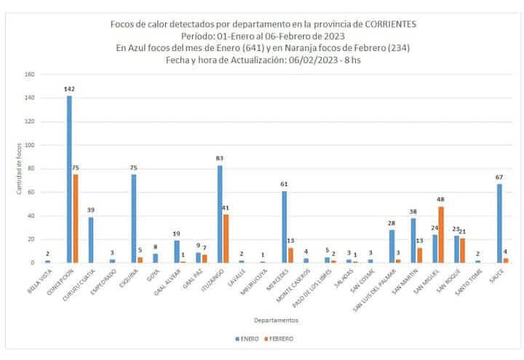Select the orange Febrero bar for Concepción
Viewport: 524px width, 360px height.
tap(75, 218)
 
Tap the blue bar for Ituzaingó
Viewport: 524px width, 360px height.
tap(220, 214)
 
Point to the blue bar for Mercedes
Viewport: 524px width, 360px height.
tap(285, 226)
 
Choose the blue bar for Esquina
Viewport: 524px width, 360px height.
tap(134, 218)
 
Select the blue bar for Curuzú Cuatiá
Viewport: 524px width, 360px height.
tap(91, 239)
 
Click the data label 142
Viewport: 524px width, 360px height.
tap(69, 89)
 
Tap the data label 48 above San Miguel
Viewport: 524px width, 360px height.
tap(441, 199)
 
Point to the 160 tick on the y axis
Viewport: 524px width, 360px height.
tap(29, 74)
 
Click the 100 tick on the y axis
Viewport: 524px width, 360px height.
tap(29, 145)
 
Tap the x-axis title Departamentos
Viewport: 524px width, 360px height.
tap(275, 320)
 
